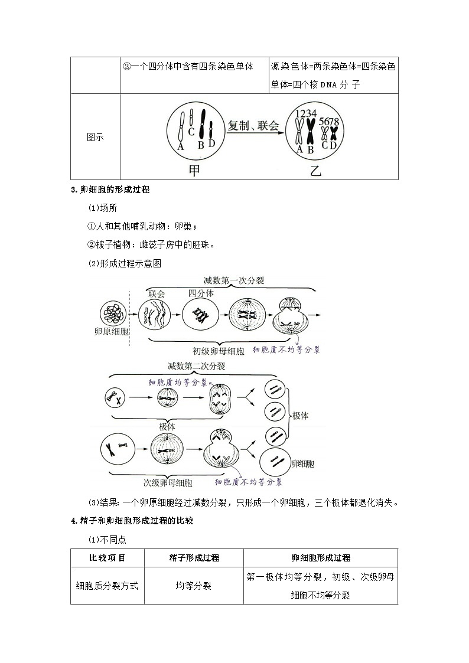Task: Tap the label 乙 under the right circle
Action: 317,171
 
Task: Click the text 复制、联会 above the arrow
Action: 253,125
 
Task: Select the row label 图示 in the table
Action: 95,137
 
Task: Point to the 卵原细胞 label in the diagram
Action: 112,332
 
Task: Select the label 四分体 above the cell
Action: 201,293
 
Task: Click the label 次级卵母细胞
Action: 168,482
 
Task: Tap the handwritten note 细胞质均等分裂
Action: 177,383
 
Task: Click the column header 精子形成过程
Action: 194,557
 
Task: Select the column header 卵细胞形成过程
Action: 321,557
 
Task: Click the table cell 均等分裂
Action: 194,586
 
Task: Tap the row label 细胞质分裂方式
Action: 107,586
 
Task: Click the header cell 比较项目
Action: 107,557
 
